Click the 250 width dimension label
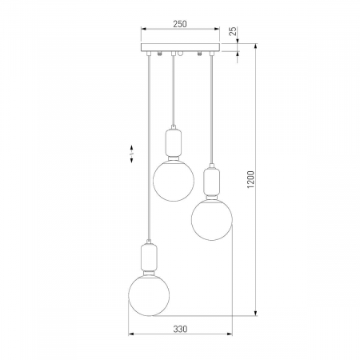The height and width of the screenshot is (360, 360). (x=180, y=24)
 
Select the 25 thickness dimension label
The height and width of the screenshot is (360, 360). (x=233, y=31)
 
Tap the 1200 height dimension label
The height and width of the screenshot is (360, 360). (x=251, y=179)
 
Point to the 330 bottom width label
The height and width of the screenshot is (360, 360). (x=180, y=329)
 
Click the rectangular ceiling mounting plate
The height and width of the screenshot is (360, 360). (x=180, y=47)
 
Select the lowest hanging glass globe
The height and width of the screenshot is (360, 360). (x=149, y=295)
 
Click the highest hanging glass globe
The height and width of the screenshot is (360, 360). (x=174, y=181)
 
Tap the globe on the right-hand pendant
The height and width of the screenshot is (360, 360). (x=212, y=220)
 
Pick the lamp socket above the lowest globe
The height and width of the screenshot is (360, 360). (x=149, y=258)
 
